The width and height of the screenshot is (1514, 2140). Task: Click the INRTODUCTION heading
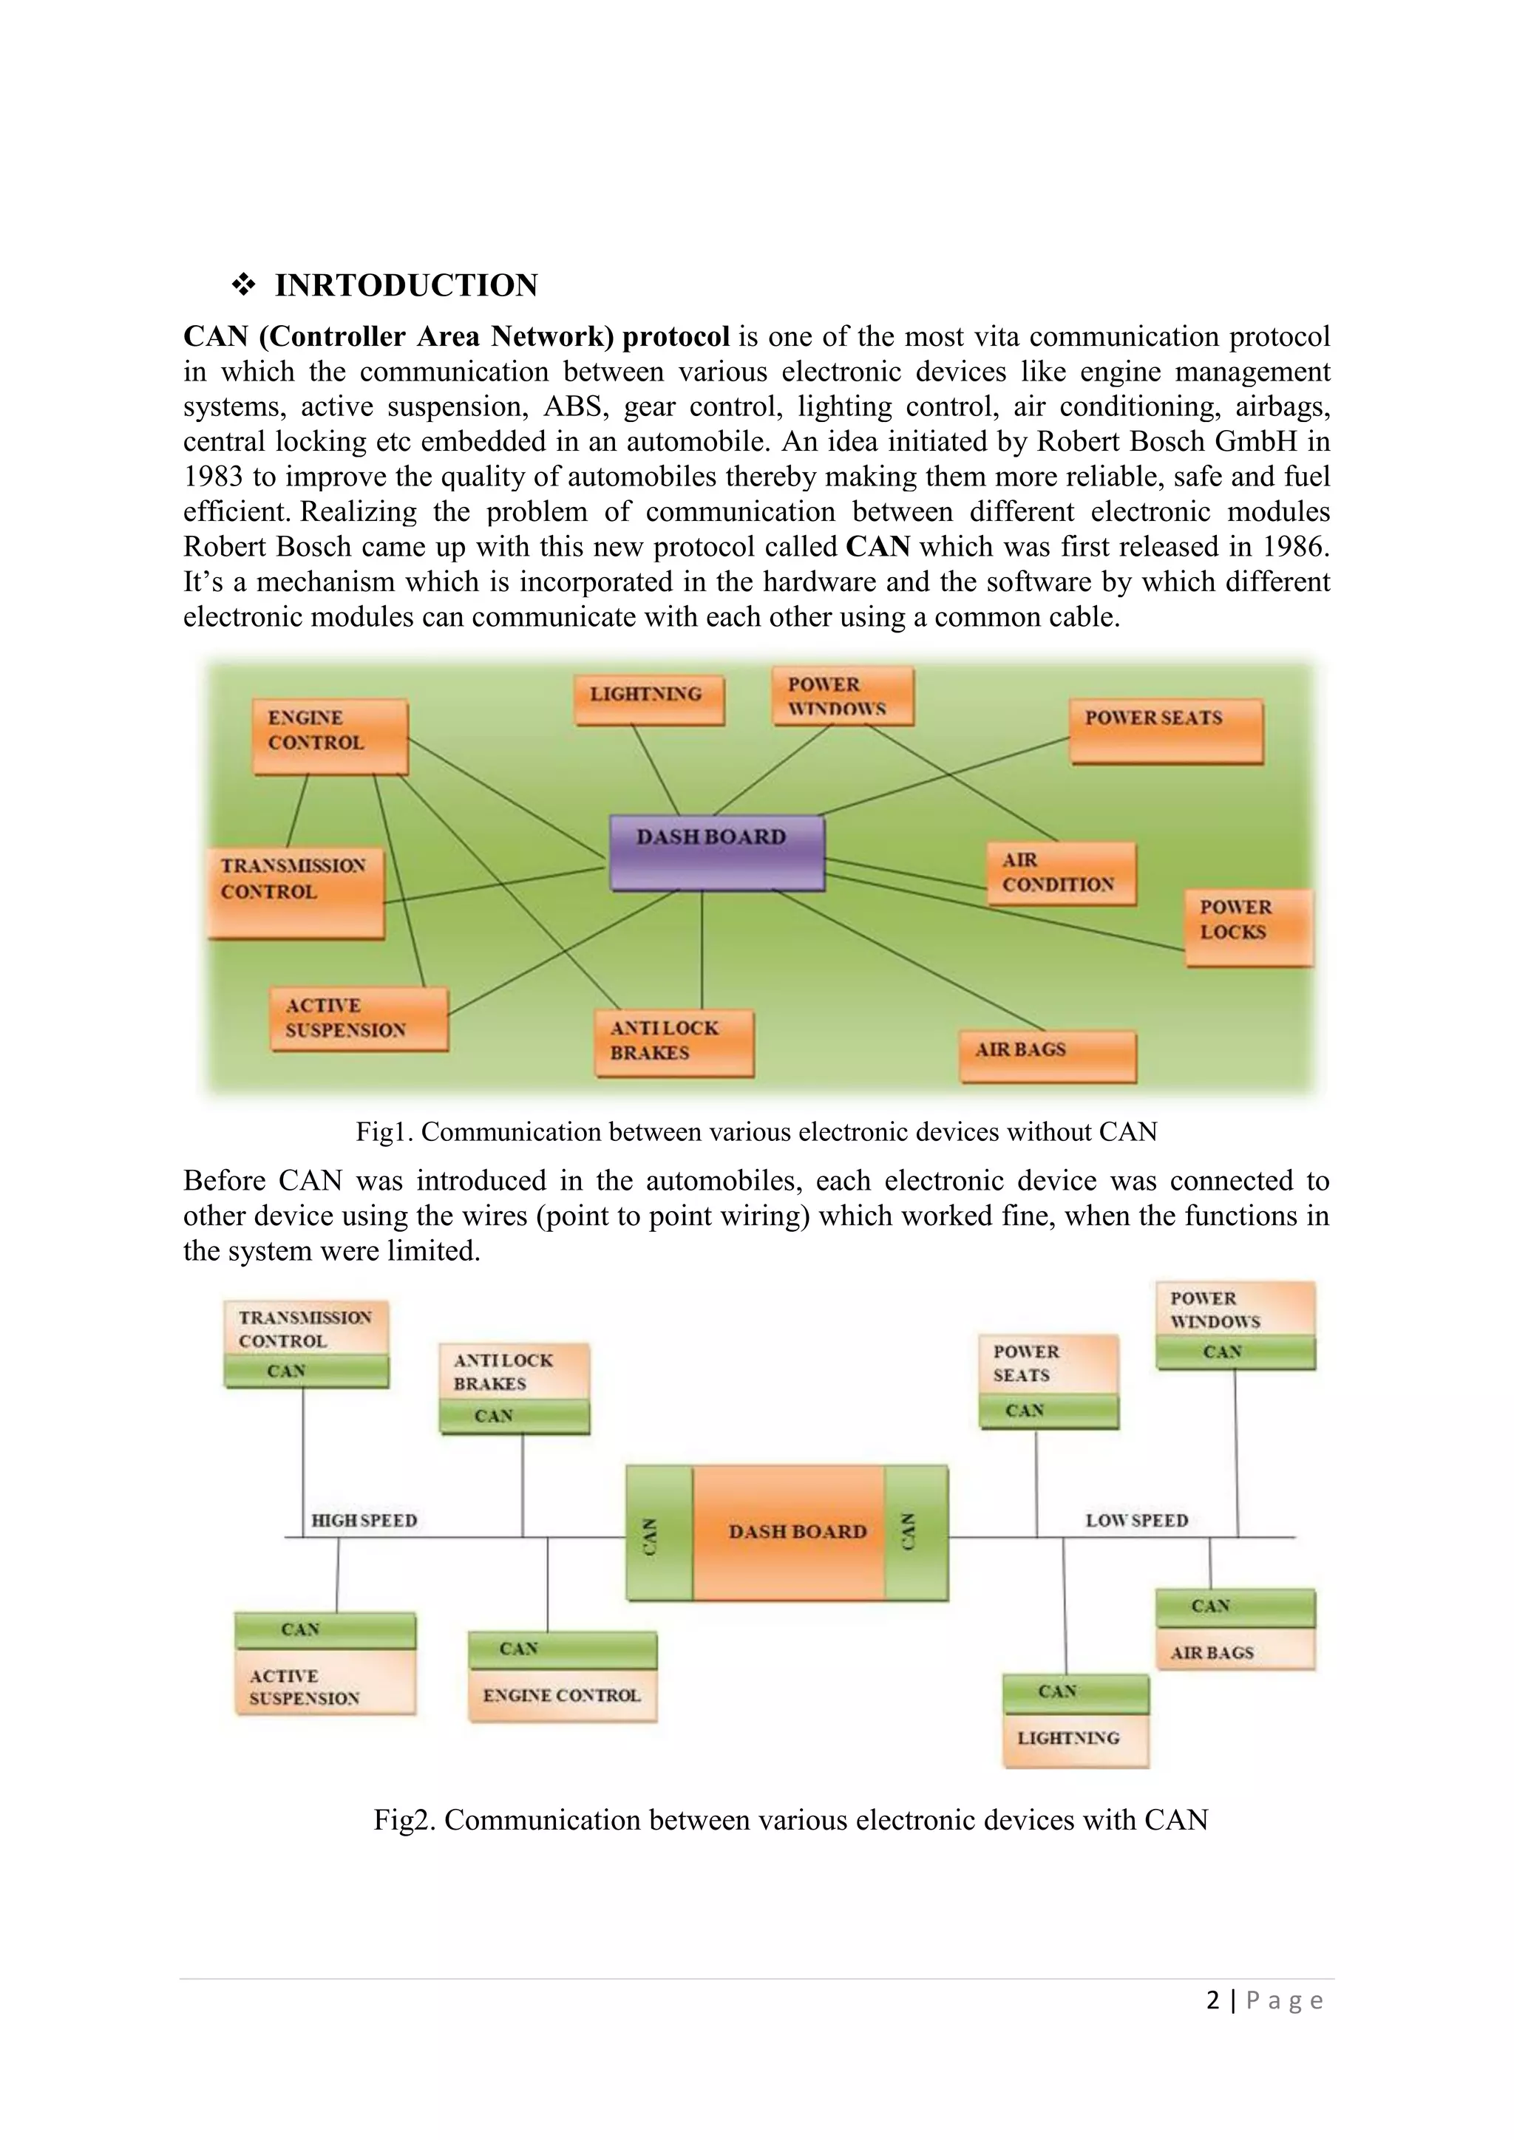(x=406, y=285)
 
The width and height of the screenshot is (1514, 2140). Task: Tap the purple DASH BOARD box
(x=716, y=852)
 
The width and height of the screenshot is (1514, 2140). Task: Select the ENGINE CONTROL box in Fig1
(x=330, y=735)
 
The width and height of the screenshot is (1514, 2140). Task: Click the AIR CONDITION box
(x=1061, y=873)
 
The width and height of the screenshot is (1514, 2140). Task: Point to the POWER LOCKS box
(x=1249, y=927)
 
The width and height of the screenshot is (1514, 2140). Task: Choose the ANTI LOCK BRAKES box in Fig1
(x=674, y=1042)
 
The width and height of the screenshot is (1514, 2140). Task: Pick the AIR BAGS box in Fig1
(x=1048, y=1055)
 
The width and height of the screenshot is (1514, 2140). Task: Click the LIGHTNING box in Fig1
(x=649, y=699)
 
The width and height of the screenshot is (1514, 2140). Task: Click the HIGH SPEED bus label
(x=364, y=1520)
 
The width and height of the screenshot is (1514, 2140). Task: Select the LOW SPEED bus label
(x=1136, y=1520)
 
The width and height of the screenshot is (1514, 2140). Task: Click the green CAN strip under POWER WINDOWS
(x=1235, y=1352)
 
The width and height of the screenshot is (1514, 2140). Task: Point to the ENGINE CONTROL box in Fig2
(x=562, y=1695)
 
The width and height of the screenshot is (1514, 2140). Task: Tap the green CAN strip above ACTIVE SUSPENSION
(x=325, y=1629)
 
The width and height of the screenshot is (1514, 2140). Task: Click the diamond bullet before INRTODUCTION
(x=243, y=285)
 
